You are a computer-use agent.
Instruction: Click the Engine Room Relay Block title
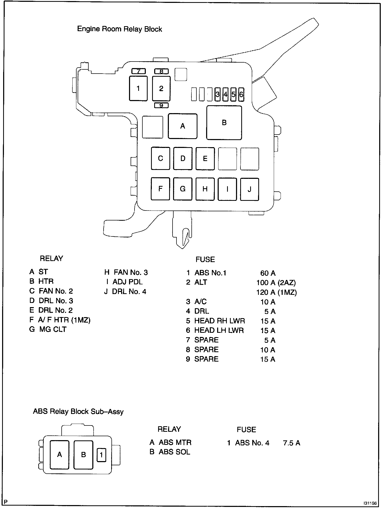click(120, 29)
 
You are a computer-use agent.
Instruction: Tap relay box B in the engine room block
click(224, 123)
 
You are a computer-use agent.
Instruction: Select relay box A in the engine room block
click(183, 126)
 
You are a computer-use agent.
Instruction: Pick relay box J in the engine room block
click(249, 189)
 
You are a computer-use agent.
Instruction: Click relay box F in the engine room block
click(160, 189)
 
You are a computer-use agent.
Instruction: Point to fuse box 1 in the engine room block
click(138, 88)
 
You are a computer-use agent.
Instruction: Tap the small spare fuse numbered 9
click(161, 105)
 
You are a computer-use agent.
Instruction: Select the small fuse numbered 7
click(138, 71)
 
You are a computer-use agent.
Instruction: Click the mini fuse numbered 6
click(241, 94)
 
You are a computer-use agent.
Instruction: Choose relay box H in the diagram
click(205, 189)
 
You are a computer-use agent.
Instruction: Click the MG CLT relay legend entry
click(48, 329)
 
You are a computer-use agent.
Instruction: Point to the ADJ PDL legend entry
click(125, 282)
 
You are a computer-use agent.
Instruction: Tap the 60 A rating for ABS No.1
click(268, 273)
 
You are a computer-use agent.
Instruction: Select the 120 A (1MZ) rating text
click(276, 292)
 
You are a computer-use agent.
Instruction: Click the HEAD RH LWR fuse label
click(219, 321)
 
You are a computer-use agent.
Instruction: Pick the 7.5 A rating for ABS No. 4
click(292, 443)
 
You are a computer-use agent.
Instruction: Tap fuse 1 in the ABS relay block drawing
click(101, 455)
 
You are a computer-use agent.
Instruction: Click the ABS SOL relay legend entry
click(170, 452)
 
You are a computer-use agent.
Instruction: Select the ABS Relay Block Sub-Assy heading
click(78, 411)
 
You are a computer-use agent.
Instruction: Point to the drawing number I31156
click(370, 503)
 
